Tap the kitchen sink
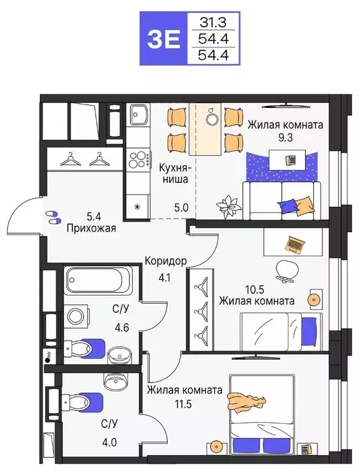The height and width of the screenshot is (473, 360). pyautogui.click(x=137, y=116)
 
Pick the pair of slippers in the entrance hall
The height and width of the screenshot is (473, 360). pyautogui.click(x=53, y=216)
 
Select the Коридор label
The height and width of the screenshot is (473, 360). pyautogui.click(x=166, y=260)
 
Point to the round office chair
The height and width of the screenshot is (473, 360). pyautogui.click(x=285, y=270)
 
